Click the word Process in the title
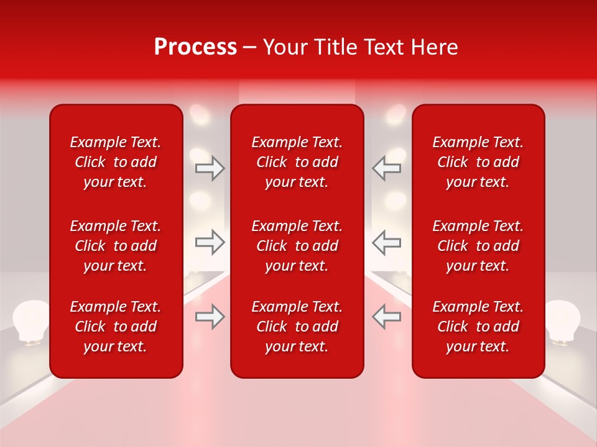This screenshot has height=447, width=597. [x=195, y=47]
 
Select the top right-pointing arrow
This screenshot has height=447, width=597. [x=210, y=168]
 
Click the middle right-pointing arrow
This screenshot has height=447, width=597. [x=210, y=242]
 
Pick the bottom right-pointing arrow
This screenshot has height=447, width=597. [x=210, y=317]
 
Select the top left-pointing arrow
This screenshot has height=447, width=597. [x=387, y=168]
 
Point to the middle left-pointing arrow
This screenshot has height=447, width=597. [x=387, y=242]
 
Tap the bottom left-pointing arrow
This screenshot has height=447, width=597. [x=387, y=317]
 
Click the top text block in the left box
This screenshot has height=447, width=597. [x=116, y=162]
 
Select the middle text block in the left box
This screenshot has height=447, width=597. [x=116, y=246]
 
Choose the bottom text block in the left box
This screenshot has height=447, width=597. [x=116, y=327]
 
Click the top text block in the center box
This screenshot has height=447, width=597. [x=297, y=162]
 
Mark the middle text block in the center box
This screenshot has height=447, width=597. [x=297, y=246]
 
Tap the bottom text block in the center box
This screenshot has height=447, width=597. [x=297, y=327]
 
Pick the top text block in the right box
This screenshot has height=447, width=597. [x=478, y=162]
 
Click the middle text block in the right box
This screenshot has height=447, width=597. [x=478, y=246]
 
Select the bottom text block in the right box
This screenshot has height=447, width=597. [x=478, y=327]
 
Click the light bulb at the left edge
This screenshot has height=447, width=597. [x=31, y=320]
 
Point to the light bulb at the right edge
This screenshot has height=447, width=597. [x=563, y=320]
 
